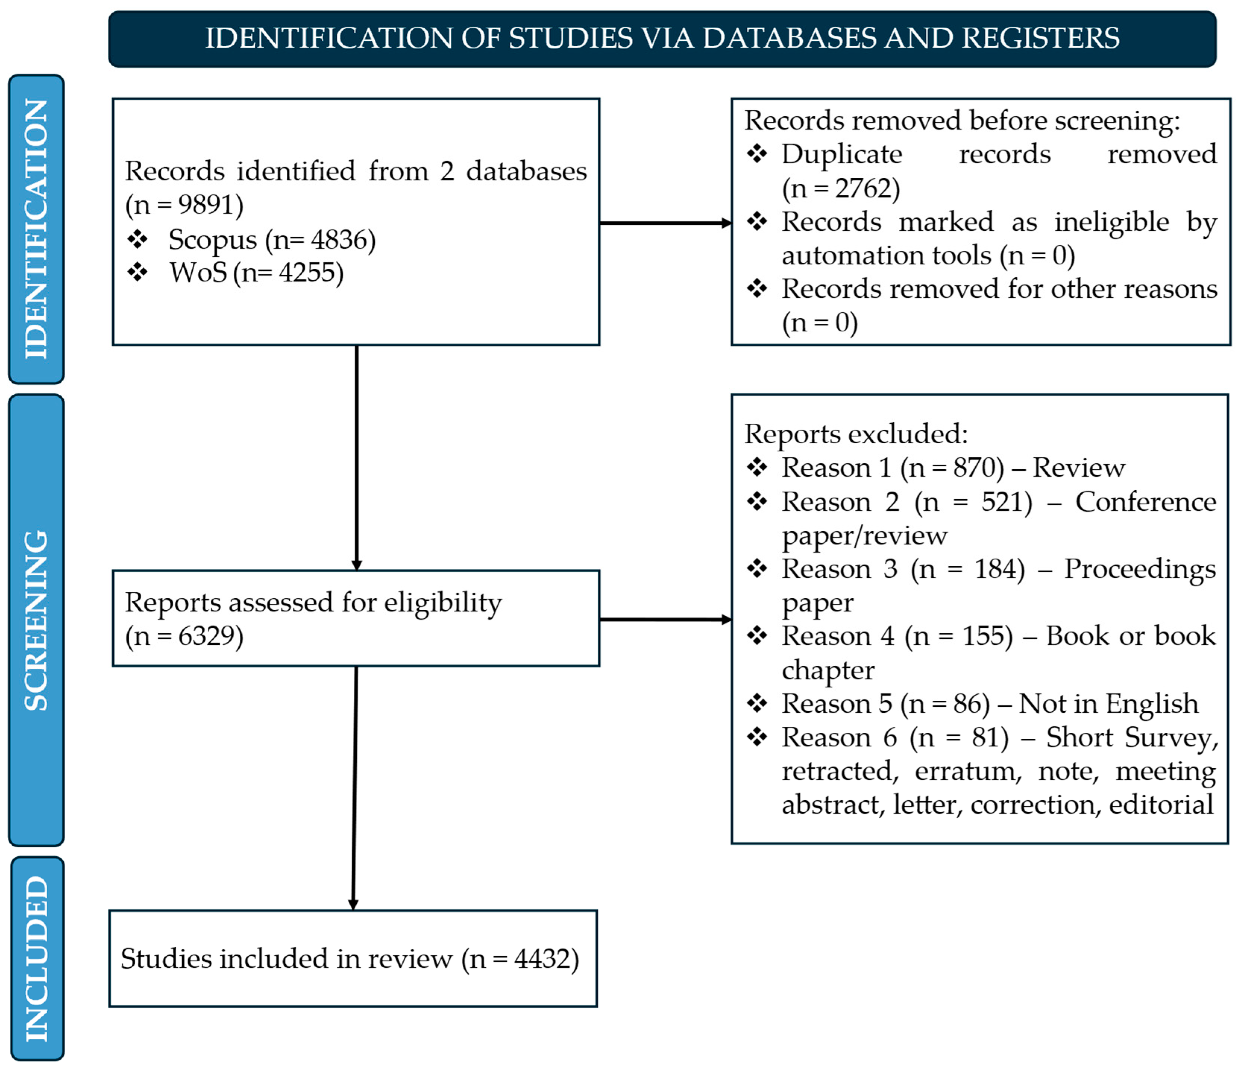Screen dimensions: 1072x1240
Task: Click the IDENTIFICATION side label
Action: click(x=36, y=229)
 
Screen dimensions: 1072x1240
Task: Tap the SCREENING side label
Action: click(x=36, y=620)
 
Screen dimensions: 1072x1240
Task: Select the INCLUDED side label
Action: click(x=36, y=958)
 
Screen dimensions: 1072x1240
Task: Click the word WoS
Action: click(x=198, y=273)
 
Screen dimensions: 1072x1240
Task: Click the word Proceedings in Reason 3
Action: click(x=1139, y=569)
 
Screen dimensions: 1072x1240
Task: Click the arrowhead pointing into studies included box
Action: click(x=353, y=905)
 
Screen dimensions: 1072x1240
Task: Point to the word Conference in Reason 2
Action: click(x=1145, y=502)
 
